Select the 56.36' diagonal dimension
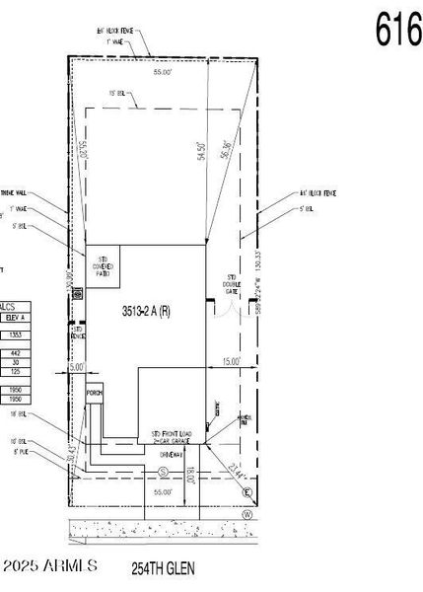[229, 148]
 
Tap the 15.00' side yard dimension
[231, 362]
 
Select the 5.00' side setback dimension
[77, 367]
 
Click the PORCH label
[95, 393]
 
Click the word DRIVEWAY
[160, 455]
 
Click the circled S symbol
[162, 473]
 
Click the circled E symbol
[247, 491]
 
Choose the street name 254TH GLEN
[164, 568]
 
